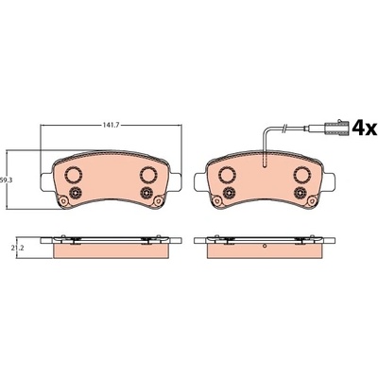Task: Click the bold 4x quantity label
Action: [x=364, y=128]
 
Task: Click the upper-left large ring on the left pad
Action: [x=74, y=174]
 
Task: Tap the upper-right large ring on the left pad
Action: [x=148, y=174]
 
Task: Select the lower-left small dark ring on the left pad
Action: [x=76, y=193]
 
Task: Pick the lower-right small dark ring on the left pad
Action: [x=146, y=193]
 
